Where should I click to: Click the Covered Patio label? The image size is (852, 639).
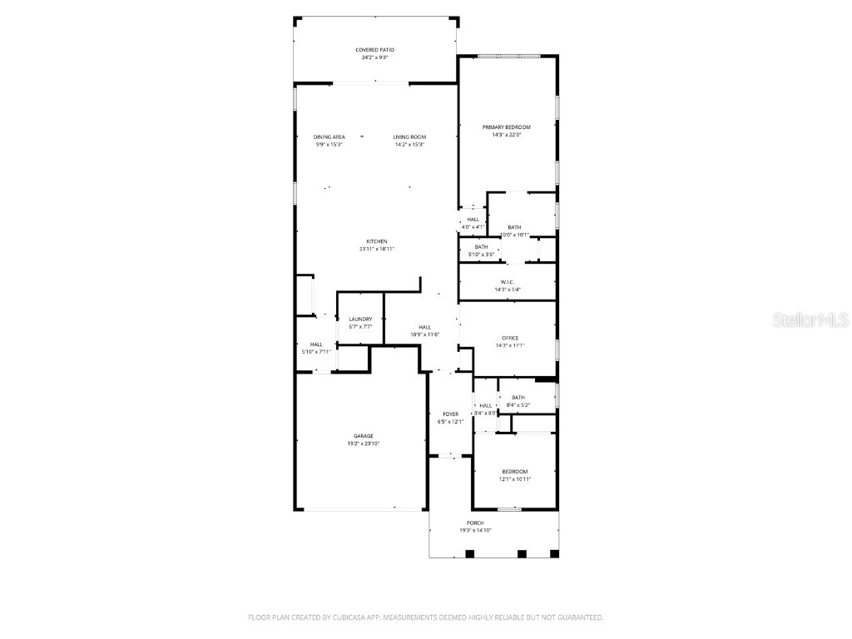pyautogui.click(x=374, y=50)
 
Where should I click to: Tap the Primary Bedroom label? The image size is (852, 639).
pyautogui.click(x=506, y=127)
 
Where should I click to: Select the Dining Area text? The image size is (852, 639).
pyautogui.click(x=329, y=136)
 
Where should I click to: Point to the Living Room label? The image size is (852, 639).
pyautogui.click(x=409, y=136)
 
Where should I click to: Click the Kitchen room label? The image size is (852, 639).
pyautogui.click(x=377, y=241)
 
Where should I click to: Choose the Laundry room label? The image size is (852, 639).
pyautogui.click(x=360, y=319)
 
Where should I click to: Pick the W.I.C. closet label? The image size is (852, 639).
pyautogui.click(x=508, y=281)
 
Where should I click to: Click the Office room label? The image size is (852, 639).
pyautogui.click(x=510, y=337)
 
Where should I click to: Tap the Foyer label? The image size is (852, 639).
pyautogui.click(x=450, y=414)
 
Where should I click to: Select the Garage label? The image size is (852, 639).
pyautogui.click(x=363, y=436)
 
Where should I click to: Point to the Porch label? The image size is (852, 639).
pyautogui.click(x=475, y=523)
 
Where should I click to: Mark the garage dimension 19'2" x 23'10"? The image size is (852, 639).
pyautogui.click(x=363, y=444)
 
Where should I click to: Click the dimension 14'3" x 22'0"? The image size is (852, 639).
pyautogui.click(x=506, y=136)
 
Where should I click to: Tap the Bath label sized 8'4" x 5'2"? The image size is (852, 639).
pyautogui.click(x=518, y=397)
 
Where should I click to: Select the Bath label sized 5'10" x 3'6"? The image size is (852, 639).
pyautogui.click(x=481, y=246)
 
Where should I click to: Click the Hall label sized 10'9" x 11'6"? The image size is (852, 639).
pyautogui.click(x=424, y=327)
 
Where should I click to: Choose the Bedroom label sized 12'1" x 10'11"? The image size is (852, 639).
pyautogui.click(x=514, y=471)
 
